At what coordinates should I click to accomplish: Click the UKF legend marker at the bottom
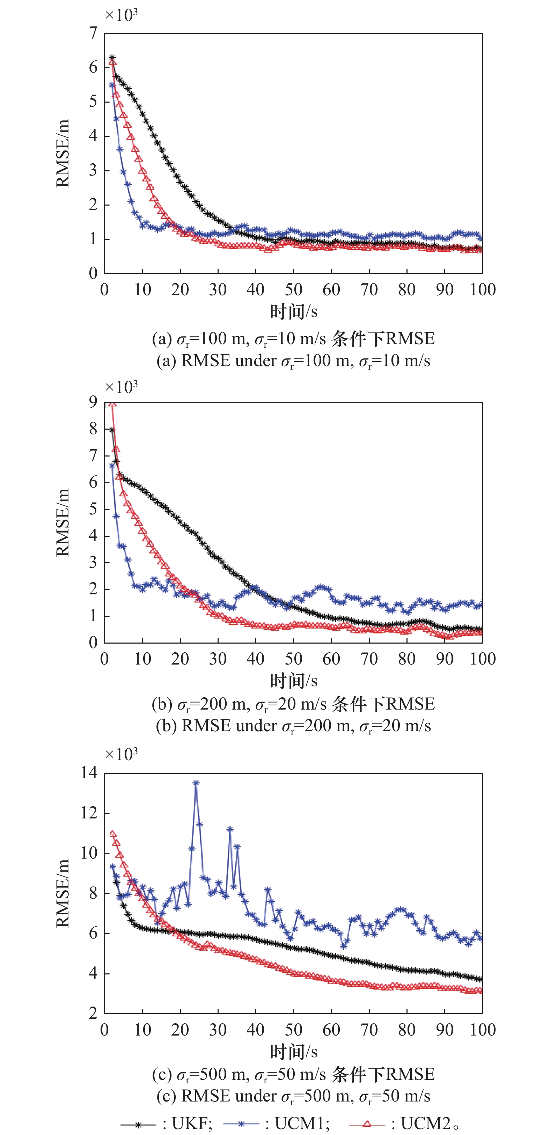(x=138, y=1123)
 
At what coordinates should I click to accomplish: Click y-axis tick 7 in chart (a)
(x=93, y=33)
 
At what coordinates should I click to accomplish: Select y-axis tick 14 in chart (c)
(x=89, y=772)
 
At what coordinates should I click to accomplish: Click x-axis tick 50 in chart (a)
(x=294, y=289)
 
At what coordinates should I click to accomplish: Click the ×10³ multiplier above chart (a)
(x=121, y=15)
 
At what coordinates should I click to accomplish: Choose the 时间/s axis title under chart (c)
(x=294, y=1052)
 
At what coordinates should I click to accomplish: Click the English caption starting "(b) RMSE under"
(x=294, y=726)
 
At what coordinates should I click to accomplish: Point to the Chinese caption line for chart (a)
(x=294, y=339)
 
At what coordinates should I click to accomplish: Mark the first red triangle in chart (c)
(x=112, y=834)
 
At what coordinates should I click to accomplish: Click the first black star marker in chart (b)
(x=112, y=430)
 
